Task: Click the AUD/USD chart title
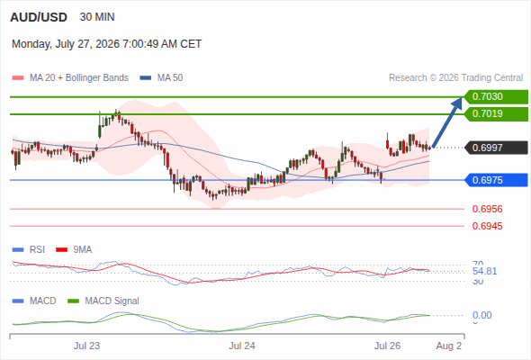39,17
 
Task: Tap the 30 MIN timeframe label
97,17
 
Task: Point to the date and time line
107,44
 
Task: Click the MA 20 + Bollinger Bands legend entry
70,78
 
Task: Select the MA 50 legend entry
161,78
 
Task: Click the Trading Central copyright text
455,78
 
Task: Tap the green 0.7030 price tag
496,97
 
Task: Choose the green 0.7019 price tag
496,113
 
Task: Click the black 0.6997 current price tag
496,148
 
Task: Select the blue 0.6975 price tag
496,180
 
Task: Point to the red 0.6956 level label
487,209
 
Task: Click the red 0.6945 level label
487,226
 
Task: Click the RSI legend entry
29,249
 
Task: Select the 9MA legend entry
74,249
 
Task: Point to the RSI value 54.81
484,271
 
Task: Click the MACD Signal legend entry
103,301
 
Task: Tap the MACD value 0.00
481,315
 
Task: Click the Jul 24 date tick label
242,346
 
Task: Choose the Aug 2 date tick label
449,346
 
